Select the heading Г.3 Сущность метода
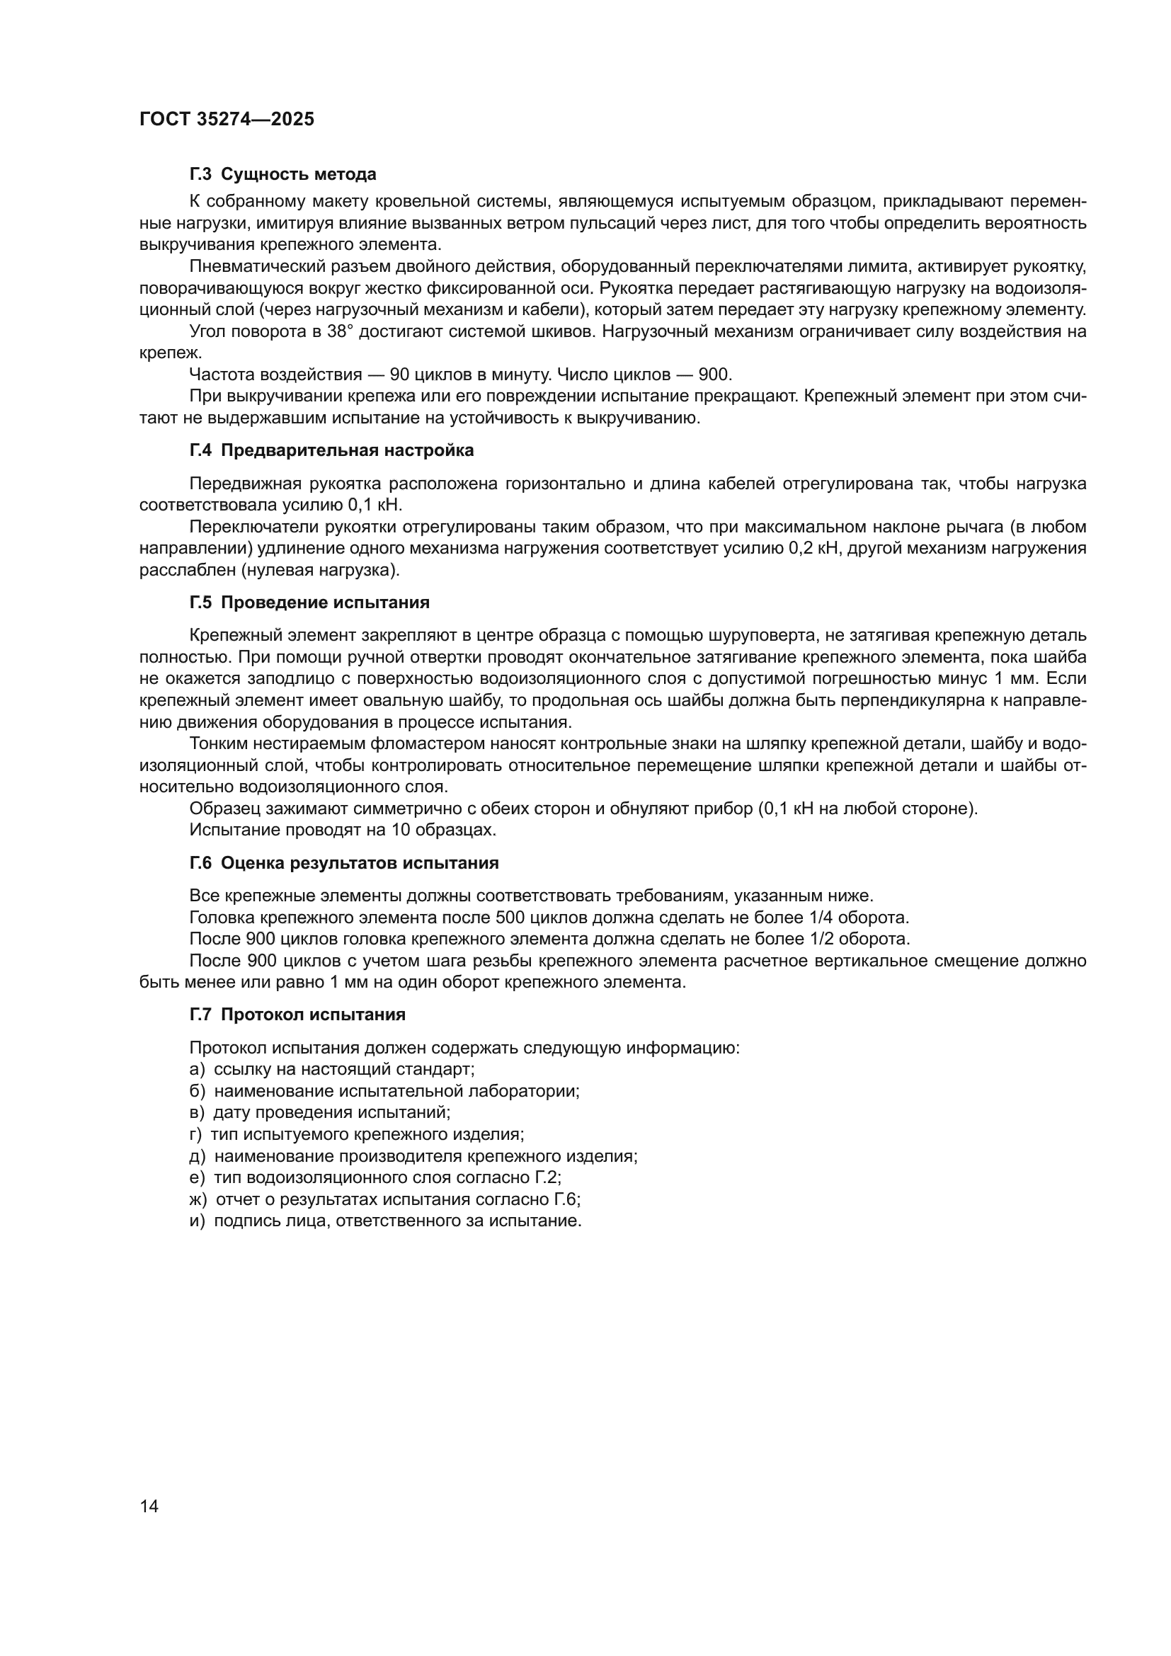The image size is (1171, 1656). pyautogui.click(x=282, y=174)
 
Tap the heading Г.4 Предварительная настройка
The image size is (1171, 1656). pyautogui.click(x=331, y=451)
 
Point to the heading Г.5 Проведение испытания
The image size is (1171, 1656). pyautogui.click(x=309, y=603)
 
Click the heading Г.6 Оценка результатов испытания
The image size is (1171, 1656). pyautogui.click(x=344, y=863)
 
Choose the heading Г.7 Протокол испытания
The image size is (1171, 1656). pyautogui.click(x=297, y=1015)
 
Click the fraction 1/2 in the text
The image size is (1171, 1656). pyautogui.click(x=809, y=940)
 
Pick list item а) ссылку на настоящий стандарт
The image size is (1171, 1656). pyautogui.click(x=331, y=1069)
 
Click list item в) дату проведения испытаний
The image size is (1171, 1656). pyautogui.click(x=319, y=1112)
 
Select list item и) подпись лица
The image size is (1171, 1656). pyautogui.click(x=385, y=1221)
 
